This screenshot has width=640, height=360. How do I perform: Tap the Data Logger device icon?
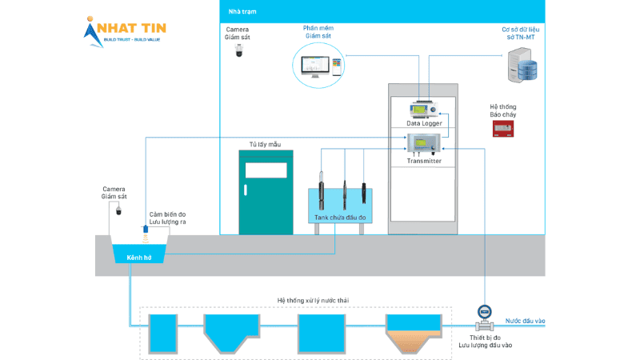[423, 110]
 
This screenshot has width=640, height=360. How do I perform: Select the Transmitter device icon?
[422, 144]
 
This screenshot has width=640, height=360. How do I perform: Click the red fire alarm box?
[502, 128]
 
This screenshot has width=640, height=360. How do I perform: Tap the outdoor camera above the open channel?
[118, 210]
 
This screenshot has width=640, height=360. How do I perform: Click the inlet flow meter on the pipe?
[484, 313]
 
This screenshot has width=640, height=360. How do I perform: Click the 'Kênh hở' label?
[140, 258]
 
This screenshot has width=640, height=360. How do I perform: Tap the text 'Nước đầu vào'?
[525, 322]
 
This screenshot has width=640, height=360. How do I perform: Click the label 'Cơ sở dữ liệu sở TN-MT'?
[518, 33]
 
